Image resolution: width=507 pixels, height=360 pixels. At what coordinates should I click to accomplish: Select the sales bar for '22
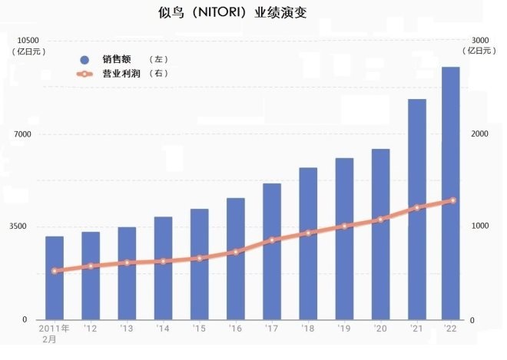tap(450, 193)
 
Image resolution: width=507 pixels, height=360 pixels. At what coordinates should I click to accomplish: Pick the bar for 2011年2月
tap(55, 277)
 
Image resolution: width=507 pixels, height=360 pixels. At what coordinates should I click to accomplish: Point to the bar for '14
tap(163, 268)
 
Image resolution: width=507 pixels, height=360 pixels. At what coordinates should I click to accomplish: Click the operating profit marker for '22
tap(452, 200)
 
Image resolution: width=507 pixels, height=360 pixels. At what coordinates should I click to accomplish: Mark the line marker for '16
tap(236, 252)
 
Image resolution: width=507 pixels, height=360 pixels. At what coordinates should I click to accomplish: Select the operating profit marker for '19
tap(344, 226)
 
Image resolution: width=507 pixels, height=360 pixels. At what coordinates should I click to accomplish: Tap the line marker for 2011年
tap(55, 271)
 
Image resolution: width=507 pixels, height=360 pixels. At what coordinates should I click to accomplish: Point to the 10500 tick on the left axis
tap(28, 41)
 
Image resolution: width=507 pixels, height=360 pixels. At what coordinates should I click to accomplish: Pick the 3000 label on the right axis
tap(480, 41)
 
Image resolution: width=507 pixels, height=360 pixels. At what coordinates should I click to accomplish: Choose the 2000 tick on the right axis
tap(480, 134)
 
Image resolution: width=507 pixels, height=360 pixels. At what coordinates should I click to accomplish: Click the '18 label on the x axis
tap(308, 329)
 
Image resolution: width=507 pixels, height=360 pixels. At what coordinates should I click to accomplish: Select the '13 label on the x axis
tap(127, 329)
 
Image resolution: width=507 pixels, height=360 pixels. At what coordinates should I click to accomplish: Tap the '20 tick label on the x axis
tap(380, 329)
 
